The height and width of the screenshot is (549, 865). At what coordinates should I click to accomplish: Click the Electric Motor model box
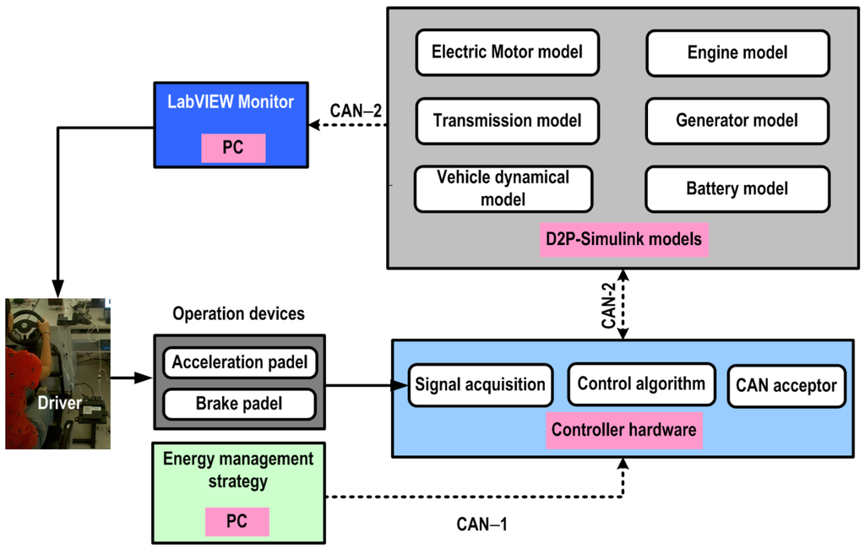(x=507, y=52)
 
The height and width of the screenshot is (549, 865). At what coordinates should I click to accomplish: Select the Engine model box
(x=737, y=52)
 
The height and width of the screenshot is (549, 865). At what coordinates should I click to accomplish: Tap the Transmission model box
(x=507, y=121)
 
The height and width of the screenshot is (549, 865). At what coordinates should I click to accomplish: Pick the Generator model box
(x=737, y=121)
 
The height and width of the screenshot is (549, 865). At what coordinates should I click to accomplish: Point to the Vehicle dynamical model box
(x=503, y=188)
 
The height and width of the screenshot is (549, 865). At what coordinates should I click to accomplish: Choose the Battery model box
(x=737, y=188)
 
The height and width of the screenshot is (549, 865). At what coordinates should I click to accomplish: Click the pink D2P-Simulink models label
(x=623, y=239)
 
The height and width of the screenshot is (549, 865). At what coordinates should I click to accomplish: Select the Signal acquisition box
(x=480, y=385)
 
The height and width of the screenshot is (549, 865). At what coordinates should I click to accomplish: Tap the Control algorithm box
(x=641, y=384)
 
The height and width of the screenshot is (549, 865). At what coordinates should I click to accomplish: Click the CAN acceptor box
(x=786, y=386)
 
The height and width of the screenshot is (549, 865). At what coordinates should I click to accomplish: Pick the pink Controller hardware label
(x=623, y=430)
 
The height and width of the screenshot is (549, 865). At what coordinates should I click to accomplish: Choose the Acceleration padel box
(x=240, y=363)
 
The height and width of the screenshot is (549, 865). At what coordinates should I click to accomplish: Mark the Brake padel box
(x=240, y=404)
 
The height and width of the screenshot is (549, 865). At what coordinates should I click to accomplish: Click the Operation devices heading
(x=238, y=314)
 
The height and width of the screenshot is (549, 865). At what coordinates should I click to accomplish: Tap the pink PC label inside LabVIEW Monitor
(x=232, y=147)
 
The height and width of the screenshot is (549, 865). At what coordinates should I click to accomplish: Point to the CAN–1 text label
(x=481, y=525)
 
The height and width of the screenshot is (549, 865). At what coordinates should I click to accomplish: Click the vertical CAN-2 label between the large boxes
(x=607, y=306)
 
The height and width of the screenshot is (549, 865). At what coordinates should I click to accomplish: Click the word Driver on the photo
(x=59, y=404)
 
